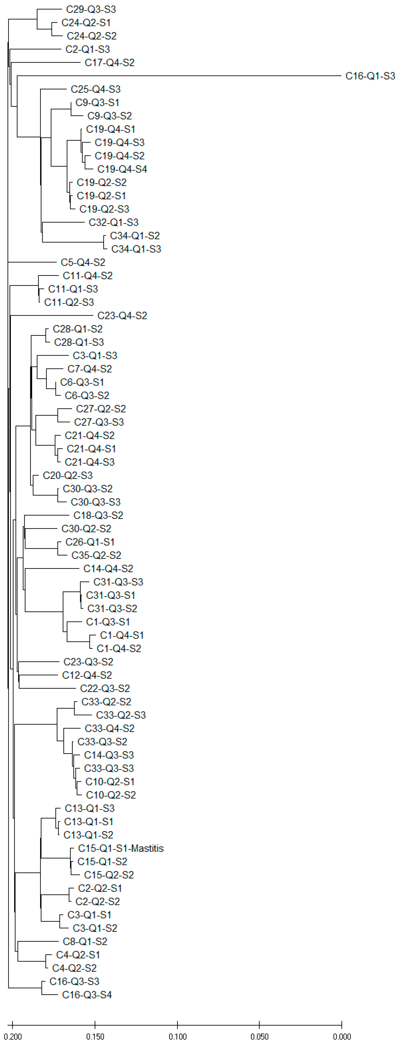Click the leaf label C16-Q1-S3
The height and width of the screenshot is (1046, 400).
point(370,76)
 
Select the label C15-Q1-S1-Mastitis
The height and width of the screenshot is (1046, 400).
point(120,848)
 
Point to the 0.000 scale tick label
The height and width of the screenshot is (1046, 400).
point(342,1036)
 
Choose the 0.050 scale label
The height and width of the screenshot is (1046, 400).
point(259,1036)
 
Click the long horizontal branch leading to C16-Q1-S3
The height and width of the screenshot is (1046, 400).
point(179,76)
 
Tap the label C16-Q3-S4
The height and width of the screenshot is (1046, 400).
point(87,995)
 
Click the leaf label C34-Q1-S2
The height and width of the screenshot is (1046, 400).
point(135,235)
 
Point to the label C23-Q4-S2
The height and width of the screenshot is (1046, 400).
point(122,315)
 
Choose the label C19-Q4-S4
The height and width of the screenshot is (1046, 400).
point(122,169)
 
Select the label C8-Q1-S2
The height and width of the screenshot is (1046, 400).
point(85,941)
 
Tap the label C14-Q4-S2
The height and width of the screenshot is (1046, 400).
point(108,569)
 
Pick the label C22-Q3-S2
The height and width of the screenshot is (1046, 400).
point(105,688)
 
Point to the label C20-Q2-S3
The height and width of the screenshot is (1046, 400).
point(67,475)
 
